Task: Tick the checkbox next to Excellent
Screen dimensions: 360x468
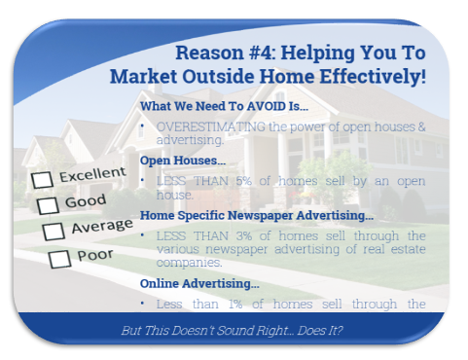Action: point(43,180)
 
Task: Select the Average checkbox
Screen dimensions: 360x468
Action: point(54,232)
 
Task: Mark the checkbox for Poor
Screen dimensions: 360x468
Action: point(60,258)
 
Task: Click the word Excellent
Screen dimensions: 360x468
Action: point(91,176)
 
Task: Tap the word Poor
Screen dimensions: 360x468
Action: point(95,255)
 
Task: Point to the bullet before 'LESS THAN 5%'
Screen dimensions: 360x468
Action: point(144,180)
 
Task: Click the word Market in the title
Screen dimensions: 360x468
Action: point(142,76)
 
